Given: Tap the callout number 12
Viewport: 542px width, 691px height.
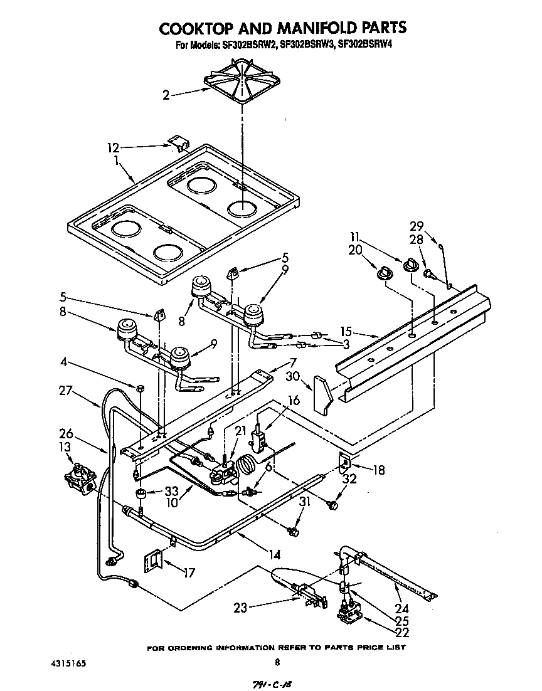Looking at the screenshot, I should (x=113, y=148).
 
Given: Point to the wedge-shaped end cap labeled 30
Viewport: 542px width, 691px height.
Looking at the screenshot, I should (x=324, y=395).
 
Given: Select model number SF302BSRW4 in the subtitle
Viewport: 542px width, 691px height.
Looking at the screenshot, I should (x=365, y=45).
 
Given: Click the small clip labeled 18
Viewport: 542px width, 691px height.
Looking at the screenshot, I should (x=344, y=463).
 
